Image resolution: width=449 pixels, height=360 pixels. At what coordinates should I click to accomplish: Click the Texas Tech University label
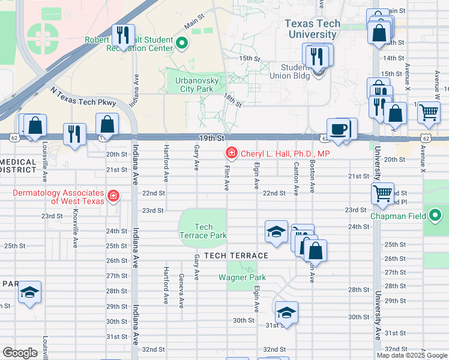[x=312, y=29]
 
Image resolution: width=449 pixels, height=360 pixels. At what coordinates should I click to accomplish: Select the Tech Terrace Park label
[x=203, y=231]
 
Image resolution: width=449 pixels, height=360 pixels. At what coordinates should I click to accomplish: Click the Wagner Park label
[x=242, y=278]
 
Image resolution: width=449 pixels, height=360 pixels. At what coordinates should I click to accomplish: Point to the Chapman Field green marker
[x=435, y=215]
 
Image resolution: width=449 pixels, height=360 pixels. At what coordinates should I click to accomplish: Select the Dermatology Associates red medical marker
[x=113, y=196]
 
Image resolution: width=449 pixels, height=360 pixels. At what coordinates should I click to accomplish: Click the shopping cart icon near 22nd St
[x=382, y=193]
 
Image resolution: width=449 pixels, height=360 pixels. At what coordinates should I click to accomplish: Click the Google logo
[x=20, y=353]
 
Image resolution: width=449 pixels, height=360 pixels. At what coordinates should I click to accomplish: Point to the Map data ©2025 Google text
[x=411, y=355]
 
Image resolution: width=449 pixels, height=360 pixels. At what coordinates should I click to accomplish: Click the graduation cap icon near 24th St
[x=276, y=232]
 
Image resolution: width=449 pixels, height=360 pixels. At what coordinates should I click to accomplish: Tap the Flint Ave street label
[x=227, y=178]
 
